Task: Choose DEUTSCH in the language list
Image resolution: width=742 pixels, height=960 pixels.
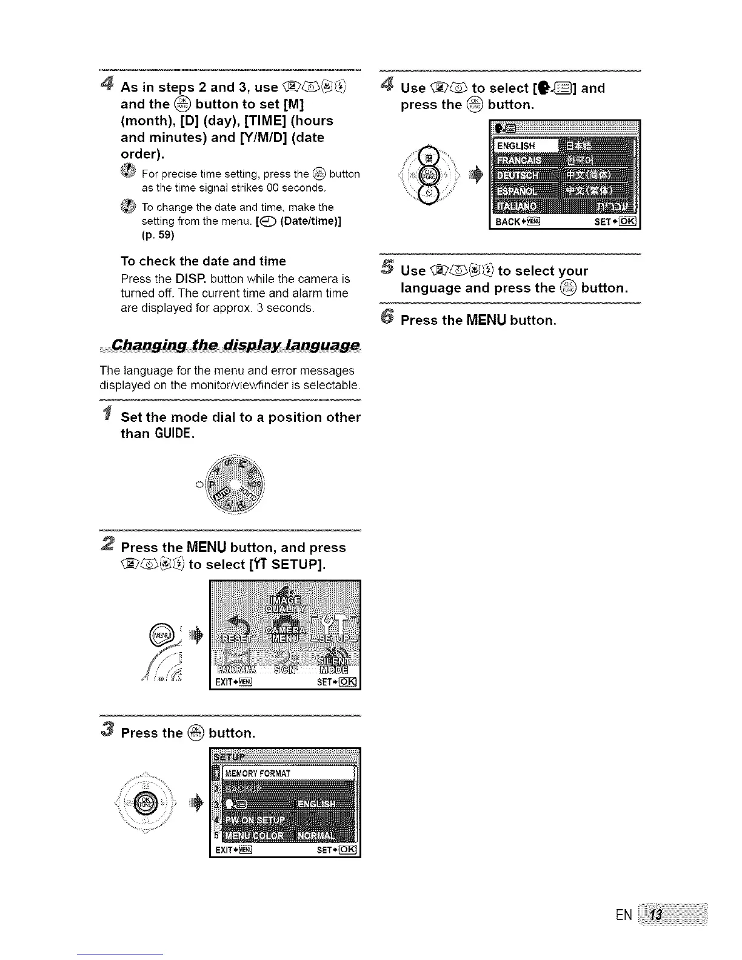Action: click(x=522, y=176)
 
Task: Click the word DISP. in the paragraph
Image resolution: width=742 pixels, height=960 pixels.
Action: click(x=193, y=279)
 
